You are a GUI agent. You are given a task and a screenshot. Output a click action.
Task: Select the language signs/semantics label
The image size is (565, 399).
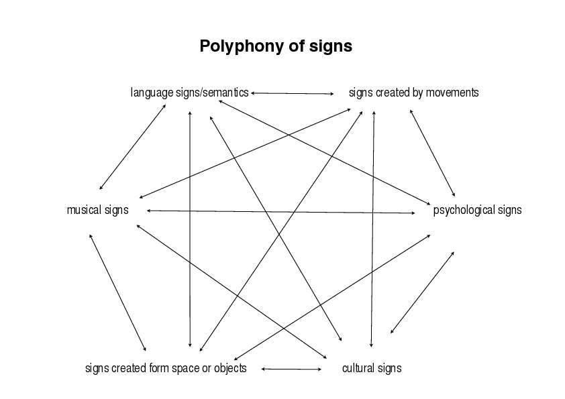click(x=189, y=93)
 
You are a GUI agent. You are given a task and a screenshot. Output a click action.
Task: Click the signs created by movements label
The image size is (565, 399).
click(x=413, y=93)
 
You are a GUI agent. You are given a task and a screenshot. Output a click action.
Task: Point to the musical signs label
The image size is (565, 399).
click(x=98, y=210)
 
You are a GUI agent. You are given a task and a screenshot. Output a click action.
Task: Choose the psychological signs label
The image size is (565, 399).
click(x=478, y=210)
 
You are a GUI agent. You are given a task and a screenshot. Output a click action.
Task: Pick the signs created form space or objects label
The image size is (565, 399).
click(x=166, y=368)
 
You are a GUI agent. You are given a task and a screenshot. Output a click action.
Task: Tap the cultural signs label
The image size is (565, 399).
click(x=372, y=368)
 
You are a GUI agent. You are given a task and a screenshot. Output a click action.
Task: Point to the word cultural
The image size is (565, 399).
click(x=356, y=368)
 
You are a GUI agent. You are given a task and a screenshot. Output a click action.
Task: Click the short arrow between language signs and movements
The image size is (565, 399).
click(x=292, y=93)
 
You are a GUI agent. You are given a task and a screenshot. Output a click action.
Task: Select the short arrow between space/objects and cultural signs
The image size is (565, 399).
click(x=291, y=369)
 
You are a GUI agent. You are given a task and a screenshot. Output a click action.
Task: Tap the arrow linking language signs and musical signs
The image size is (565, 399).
click(x=133, y=147)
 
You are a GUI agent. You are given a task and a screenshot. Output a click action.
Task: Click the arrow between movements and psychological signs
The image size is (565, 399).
click(x=432, y=153)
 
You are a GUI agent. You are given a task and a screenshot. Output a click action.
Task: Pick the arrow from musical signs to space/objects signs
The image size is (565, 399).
click(x=117, y=292)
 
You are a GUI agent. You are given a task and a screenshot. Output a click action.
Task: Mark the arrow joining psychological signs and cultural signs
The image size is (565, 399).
click(x=422, y=292)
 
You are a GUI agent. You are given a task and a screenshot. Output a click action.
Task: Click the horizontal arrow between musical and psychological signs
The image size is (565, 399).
click(x=281, y=212)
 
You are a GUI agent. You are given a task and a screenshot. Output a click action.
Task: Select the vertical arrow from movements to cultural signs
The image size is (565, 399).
click(x=372, y=229)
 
